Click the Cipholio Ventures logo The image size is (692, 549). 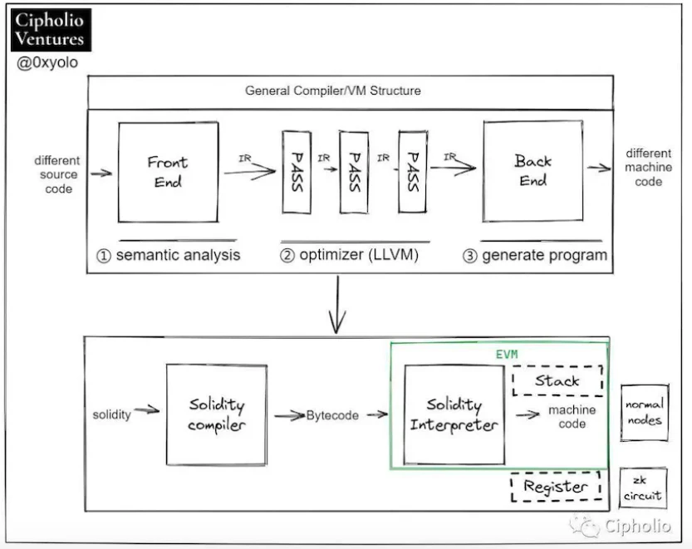point(51,29)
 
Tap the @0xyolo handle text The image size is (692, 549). point(47,62)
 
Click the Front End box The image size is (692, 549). point(168,172)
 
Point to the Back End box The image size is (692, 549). point(532,171)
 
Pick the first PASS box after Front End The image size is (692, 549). point(297,172)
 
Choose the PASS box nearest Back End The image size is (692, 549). point(410,172)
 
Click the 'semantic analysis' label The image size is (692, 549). point(169,255)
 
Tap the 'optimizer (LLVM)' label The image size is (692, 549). point(348,255)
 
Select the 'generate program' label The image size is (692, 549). point(535,255)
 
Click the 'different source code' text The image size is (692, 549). point(57,174)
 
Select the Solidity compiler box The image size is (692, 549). point(216,414)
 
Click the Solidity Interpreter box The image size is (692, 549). point(454,414)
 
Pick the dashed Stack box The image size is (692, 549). point(557,381)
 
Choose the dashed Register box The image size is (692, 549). point(555,487)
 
